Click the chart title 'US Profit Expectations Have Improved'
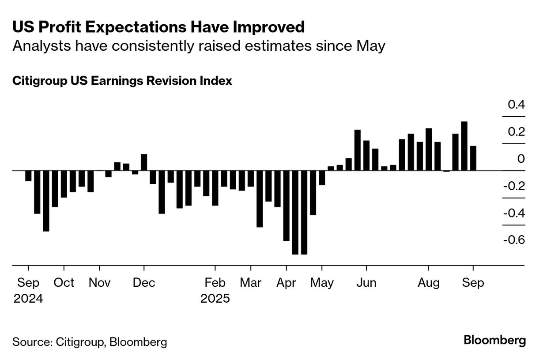[x=158, y=27]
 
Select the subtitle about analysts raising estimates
[x=199, y=46]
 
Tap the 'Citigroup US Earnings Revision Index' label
[x=122, y=81]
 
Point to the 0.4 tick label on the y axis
[x=516, y=105]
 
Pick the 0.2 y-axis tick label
[x=516, y=132]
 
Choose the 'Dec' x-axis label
[x=144, y=282]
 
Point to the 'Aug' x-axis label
[x=429, y=282]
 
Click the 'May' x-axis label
[x=322, y=282]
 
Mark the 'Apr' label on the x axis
[x=286, y=282]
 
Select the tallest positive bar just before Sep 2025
[x=464, y=146]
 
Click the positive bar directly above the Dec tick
[x=144, y=162]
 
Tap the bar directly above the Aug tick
[x=429, y=149]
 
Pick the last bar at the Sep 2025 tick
[x=473, y=158]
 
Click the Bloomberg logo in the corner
[x=495, y=341]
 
